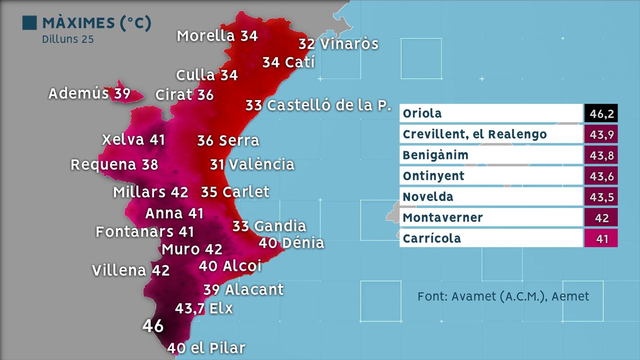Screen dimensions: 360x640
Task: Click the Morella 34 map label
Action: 217,36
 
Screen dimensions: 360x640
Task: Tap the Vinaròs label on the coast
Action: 338,44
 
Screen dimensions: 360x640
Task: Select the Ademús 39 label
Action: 89,94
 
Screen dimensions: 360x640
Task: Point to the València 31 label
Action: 252,164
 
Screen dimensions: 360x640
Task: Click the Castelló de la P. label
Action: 318,105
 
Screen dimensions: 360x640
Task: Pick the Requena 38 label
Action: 114,164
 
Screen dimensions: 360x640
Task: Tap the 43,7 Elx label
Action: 204,308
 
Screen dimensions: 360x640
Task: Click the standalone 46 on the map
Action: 153,326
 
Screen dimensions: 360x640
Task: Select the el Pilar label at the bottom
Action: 206,348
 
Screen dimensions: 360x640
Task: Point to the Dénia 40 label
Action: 291,243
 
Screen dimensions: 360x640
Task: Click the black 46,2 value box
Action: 601,114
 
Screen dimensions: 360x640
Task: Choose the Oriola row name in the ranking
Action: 422,114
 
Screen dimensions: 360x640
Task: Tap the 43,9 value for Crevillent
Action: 601,134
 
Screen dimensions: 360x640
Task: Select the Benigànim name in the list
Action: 435,155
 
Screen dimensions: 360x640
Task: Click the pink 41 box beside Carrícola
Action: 601,238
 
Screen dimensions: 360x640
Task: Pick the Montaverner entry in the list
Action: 442,218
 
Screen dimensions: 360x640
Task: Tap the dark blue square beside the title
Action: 29,23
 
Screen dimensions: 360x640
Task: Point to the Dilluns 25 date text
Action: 68,39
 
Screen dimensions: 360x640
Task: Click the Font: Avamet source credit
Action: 503,296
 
